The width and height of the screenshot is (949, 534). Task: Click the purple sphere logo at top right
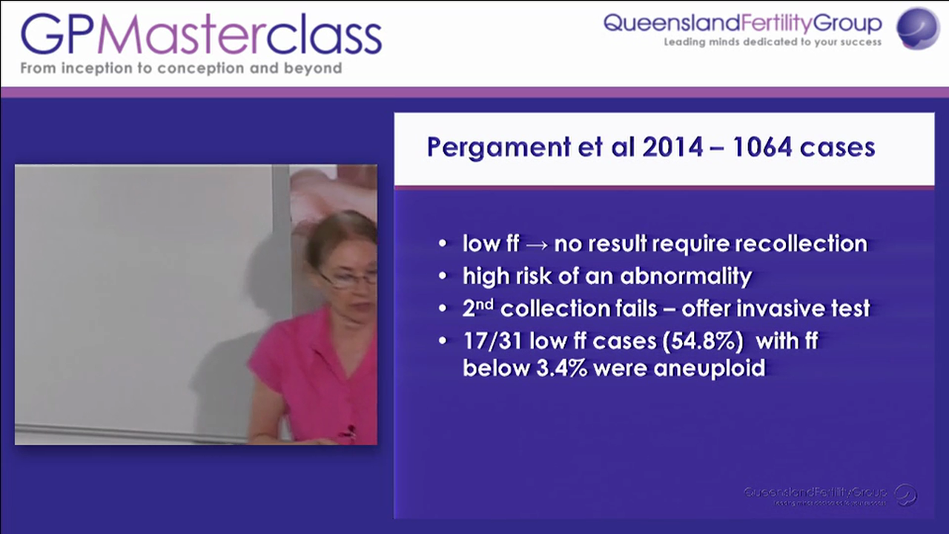click(x=918, y=27)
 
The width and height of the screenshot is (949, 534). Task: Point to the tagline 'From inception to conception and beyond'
click(x=181, y=68)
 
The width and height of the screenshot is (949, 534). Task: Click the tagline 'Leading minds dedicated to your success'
click(x=773, y=42)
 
